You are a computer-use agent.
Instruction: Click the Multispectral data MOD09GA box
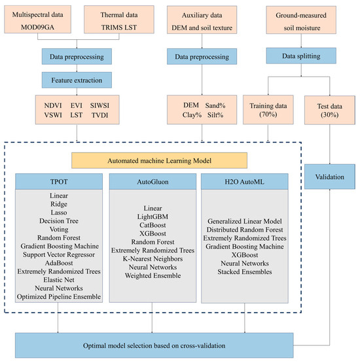pos(40,19)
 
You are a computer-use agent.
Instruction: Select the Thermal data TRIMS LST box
pos(116,19)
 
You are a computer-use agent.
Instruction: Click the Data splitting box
pos(297,56)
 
